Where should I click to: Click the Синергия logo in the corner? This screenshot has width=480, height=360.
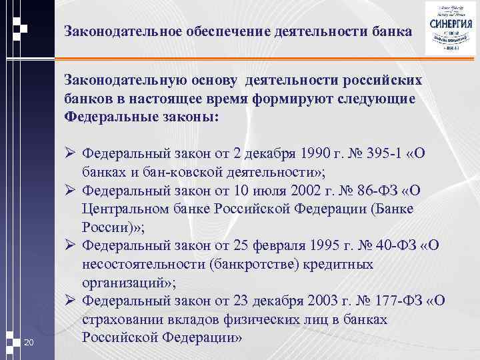pos(451,29)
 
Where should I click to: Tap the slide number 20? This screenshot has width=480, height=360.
pos(28,342)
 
